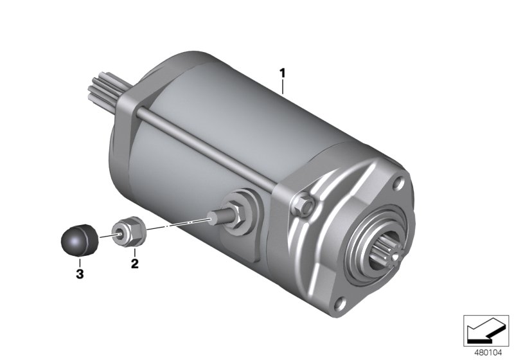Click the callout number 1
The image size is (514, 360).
pyautogui.click(x=282, y=73)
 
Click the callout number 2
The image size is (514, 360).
pyautogui.click(x=135, y=264)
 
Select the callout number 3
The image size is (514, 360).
pyautogui.click(x=80, y=274)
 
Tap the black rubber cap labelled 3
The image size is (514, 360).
pyautogui.click(x=80, y=240)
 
